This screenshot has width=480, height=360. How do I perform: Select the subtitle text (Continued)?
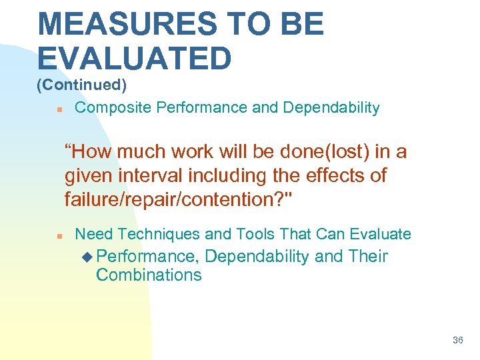(x=81, y=85)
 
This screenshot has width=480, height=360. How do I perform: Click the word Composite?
(x=111, y=107)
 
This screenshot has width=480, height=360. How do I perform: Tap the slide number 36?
(x=457, y=340)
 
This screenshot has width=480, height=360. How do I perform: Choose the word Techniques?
(x=155, y=234)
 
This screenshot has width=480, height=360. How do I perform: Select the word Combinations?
(x=149, y=275)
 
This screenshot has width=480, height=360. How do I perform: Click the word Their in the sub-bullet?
(x=367, y=256)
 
